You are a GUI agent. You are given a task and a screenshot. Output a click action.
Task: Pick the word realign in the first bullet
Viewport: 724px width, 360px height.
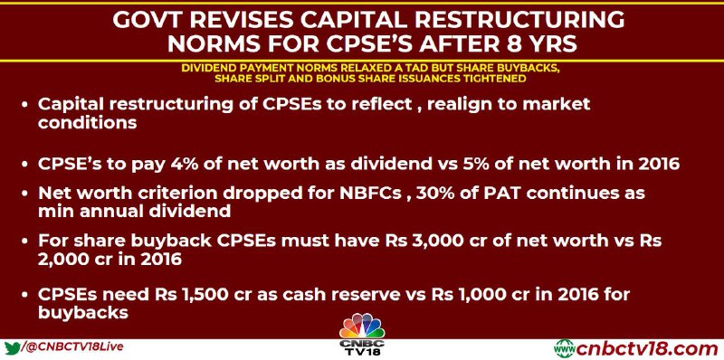tap(470, 104)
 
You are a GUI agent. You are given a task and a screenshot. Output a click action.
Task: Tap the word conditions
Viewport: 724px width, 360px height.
tap(87, 122)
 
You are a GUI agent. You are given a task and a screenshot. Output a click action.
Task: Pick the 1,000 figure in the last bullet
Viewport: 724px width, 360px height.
tap(501, 294)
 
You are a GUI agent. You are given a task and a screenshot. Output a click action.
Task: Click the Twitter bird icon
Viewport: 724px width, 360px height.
tap(13, 347)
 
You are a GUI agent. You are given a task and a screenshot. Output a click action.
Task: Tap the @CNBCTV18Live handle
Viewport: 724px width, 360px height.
tap(74, 346)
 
